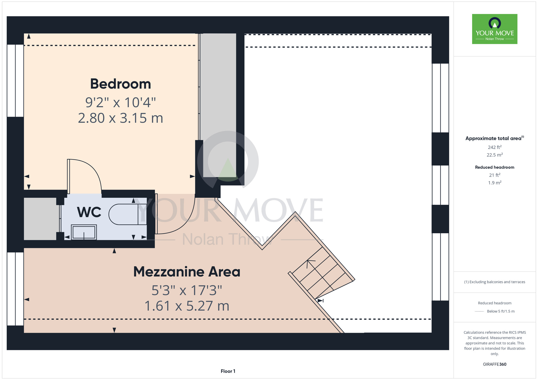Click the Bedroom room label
(x=121, y=84)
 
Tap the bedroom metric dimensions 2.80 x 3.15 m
(x=121, y=118)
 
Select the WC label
(x=89, y=212)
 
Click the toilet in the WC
(x=128, y=214)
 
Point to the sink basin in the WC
(x=84, y=232)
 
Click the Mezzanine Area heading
(x=187, y=272)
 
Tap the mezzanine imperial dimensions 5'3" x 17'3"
(x=187, y=290)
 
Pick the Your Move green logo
(x=495, y=29)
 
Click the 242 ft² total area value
(x=495, y=147)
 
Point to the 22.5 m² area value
(x=495, y=155)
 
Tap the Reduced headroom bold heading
(x=495, y=167)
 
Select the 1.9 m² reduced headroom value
(x=495, y=183)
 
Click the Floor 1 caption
(x=228, y=371)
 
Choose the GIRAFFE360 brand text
(x=495, y=364)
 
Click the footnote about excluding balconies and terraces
(x=495, y=282)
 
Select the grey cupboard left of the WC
(x=40, y=219)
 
